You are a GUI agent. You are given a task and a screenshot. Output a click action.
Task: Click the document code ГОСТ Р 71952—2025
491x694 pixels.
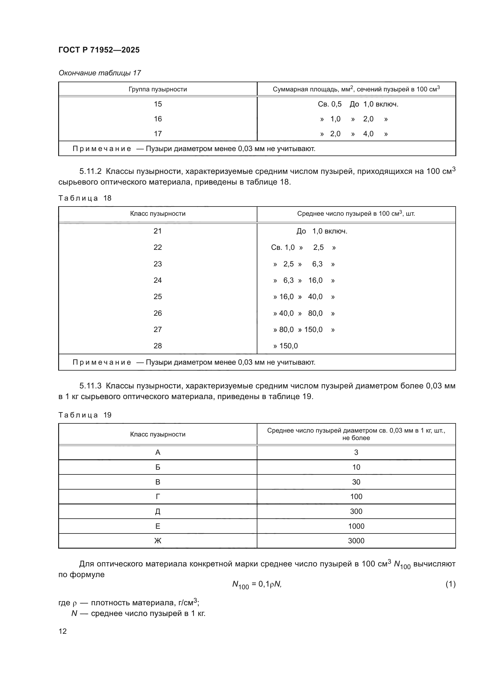pyautogui.click(x=99, y=50)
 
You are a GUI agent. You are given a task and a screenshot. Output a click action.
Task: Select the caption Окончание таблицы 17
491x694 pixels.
pyautogui.click(x=99, y=73)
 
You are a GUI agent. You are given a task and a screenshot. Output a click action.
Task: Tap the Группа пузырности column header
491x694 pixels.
pyautogui.click(x=158, y=89)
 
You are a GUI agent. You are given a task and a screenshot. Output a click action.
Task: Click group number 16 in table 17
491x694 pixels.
pyautogui.click(x=158, y=119)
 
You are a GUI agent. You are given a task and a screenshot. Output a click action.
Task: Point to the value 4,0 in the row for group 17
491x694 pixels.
pyautogui.click(x=368, y=134)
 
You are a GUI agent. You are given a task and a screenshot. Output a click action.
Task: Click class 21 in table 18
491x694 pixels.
pyautogui.click(x=158, y=231)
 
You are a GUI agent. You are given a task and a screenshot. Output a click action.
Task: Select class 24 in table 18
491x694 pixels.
pyautogui.click(x=158, y=280)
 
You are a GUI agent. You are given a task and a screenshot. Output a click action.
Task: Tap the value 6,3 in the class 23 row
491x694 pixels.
pyautogui.click(x=317, y=264)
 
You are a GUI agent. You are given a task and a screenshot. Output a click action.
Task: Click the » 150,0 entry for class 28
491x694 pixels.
pyautogui.click(x=285, y=346)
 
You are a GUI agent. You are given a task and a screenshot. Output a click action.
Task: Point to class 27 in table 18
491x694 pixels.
pyautogui.click(x=158, y=329)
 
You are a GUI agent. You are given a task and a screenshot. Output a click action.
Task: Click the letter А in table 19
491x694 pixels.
pyautogui.click(x=158, y=452)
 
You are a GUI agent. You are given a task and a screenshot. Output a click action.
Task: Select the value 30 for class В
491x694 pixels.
pyautogui.click(x=356, y=482)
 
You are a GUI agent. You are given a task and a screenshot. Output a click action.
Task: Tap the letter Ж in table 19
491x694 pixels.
pyautogui.click(x=158, y=541)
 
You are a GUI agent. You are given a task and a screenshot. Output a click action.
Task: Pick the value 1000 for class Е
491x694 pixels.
pyautogui.click(x=356, y=526)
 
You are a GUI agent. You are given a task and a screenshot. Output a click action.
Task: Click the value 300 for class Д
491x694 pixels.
pyautogui.click(x=356, y=512)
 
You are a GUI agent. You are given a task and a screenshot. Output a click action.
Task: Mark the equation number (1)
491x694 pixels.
pyautogui.click(x=450, y=584)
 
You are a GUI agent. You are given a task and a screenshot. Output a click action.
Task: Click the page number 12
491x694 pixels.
pyautogui.click(x=63, y=631)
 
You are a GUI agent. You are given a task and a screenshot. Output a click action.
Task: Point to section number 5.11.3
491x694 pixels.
pyautogui.click(x=91, y=386)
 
